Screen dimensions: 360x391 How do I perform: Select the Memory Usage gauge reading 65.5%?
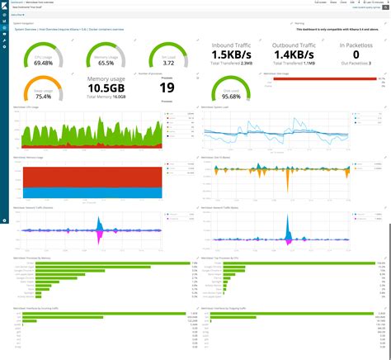click(x=100, y=63)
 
